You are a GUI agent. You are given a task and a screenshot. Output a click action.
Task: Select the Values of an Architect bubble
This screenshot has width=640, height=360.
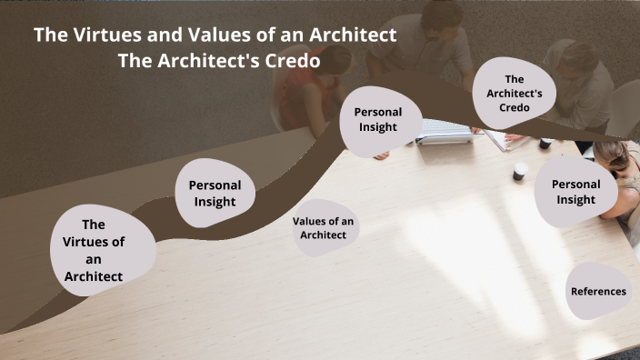[324, 228]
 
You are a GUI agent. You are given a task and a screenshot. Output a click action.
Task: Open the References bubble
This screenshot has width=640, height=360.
[598, 292]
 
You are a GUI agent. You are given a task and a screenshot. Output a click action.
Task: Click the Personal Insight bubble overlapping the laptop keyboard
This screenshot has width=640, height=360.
[377, 119]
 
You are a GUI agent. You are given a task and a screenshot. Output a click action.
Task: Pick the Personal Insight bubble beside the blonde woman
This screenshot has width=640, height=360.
[576, 192]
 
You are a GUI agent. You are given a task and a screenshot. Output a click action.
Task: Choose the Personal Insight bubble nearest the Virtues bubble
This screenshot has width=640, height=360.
[215, 193]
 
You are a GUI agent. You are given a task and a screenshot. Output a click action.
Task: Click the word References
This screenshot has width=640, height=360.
[598, 292]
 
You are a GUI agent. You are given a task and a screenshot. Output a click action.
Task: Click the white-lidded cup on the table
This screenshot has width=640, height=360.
[519, 171]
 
